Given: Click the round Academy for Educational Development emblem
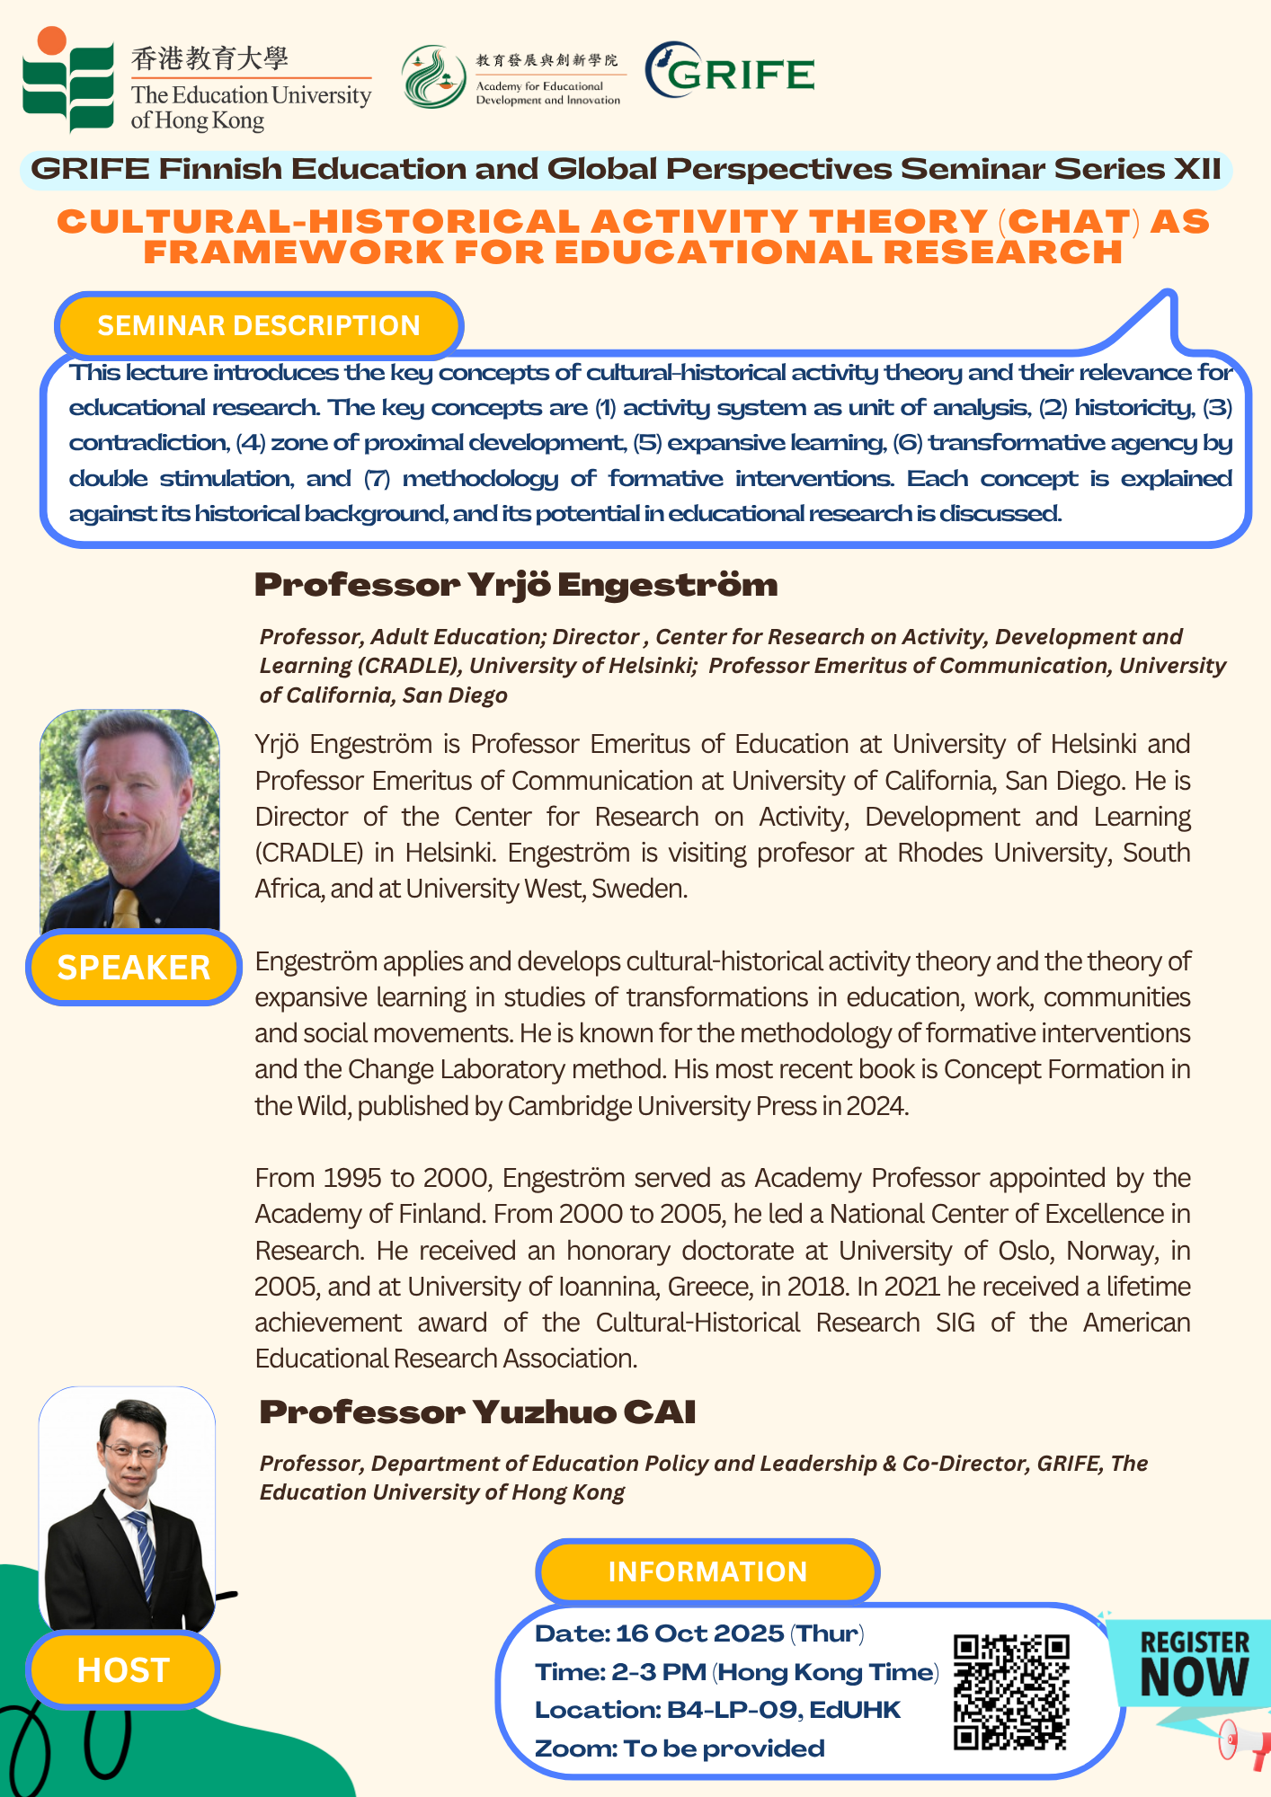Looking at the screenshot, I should (x=433, y=77).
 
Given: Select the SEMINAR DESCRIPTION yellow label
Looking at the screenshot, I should (x=258, y=325).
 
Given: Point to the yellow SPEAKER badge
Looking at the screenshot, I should (x=134, y=967).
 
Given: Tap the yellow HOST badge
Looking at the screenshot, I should (x=123, y=1669).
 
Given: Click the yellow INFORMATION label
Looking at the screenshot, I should (x=707, y=1571).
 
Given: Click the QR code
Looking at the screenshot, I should (x=1011, y=1692).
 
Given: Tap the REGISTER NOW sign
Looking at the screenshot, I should (x=1194, y=1664).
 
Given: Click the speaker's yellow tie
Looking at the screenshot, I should (x=126, y=907).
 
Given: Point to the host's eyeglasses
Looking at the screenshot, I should (x=132, y=1448).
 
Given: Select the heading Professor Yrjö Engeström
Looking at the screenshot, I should (x=516, y=585).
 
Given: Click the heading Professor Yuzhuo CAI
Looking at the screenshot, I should (x=477, y=1412).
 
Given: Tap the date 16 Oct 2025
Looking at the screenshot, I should (x=699, y=1633).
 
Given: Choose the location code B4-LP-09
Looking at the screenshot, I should (x=732, y=1709).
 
